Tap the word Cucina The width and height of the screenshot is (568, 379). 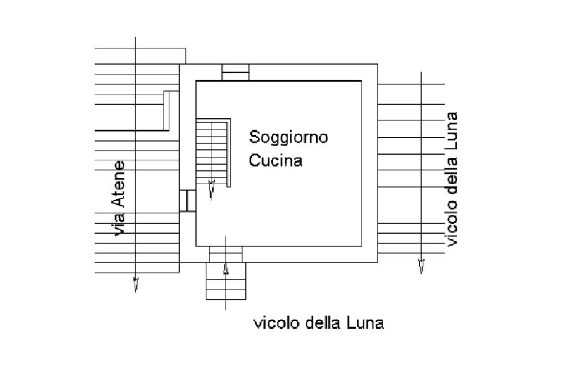(275, 160)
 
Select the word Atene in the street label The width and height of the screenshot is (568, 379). (119, 184)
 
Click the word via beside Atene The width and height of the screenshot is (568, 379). (119, 225)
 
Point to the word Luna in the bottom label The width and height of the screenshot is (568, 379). (365, 323)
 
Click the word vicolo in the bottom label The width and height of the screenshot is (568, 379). (277, 323)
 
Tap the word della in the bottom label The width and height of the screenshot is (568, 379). (323, 323)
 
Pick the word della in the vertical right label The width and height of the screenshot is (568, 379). (452, 175)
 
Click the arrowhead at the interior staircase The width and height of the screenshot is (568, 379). (211, 189)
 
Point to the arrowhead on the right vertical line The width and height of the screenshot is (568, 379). (421, 266)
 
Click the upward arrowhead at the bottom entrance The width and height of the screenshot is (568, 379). (226, 269)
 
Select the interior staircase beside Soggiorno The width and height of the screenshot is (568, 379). (213, 153)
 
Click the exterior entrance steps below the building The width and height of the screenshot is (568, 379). (226, 281)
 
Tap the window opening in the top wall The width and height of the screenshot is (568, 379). (235, 73)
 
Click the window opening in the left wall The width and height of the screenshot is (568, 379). (187, 201)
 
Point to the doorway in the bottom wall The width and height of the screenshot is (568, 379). (226, 254)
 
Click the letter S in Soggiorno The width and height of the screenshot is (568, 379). (254, 137)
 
